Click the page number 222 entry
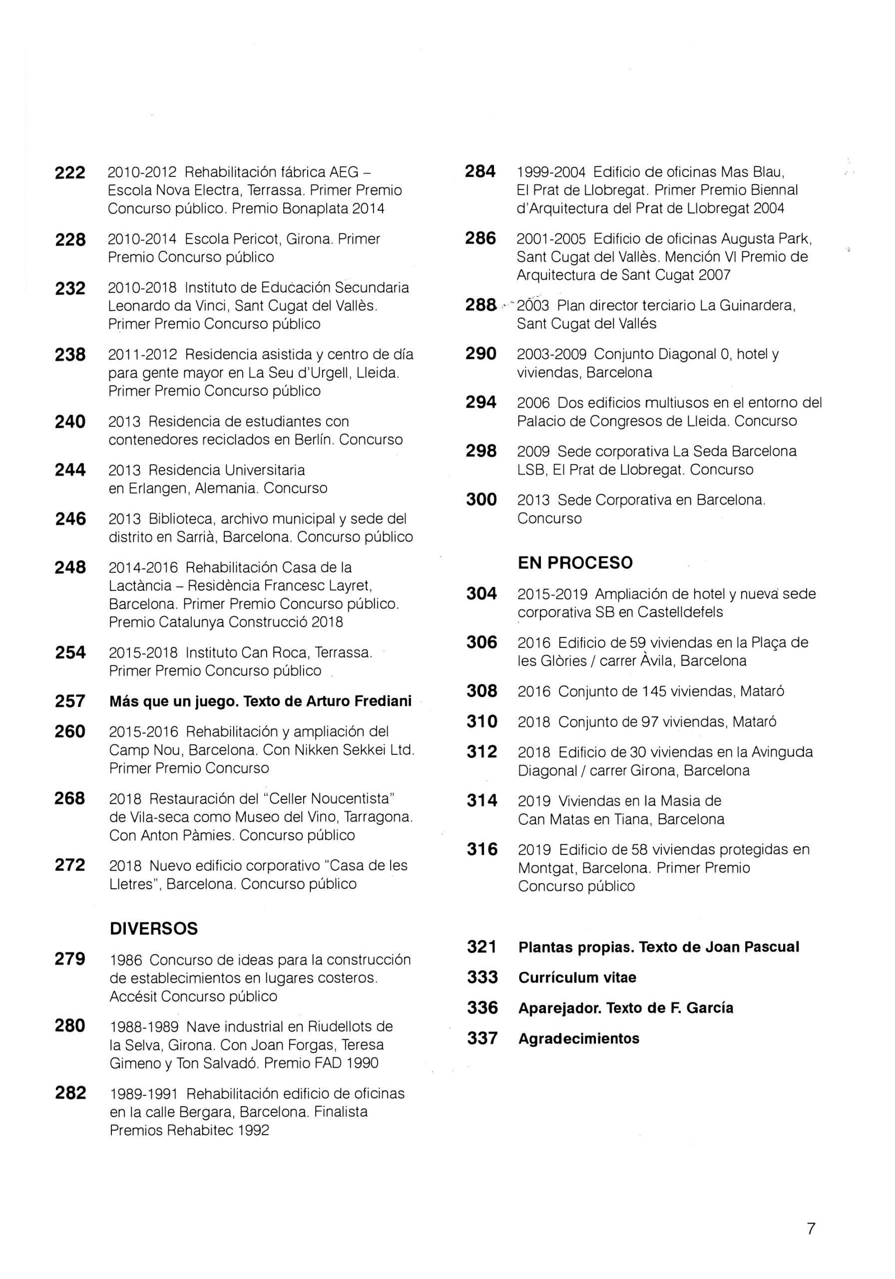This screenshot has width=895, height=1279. [70, 173]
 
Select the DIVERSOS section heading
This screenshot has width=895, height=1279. [153, 929]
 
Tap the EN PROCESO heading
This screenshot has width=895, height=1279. [575, 563]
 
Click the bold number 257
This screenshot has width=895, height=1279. [70, 701]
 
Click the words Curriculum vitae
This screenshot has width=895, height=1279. [577, 978]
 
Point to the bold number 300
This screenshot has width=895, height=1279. [481, 500]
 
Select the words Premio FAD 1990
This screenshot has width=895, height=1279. [321, 1063]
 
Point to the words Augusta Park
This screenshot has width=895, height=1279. [766, 239]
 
